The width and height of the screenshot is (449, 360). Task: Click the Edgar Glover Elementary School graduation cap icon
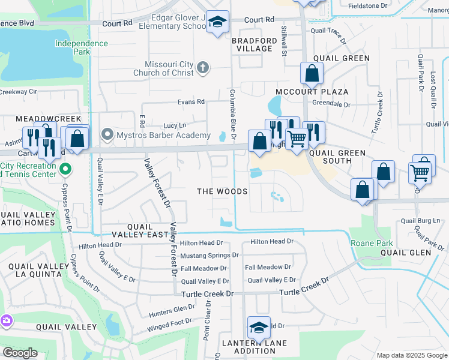217,22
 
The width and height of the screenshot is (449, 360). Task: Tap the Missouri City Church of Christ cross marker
203,67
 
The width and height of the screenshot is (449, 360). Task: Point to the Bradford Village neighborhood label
255,44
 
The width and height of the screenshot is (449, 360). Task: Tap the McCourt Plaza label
312,92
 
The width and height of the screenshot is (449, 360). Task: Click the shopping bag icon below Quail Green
312,74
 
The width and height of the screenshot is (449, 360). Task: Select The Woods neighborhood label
223,191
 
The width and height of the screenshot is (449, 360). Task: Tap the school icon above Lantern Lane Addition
259,328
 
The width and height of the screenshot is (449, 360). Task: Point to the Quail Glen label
406,253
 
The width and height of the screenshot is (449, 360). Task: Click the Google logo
20,353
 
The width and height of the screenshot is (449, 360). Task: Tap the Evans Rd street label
191,102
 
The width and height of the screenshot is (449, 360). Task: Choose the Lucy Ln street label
175,126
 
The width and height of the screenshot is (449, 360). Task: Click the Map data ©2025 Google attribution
411,355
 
